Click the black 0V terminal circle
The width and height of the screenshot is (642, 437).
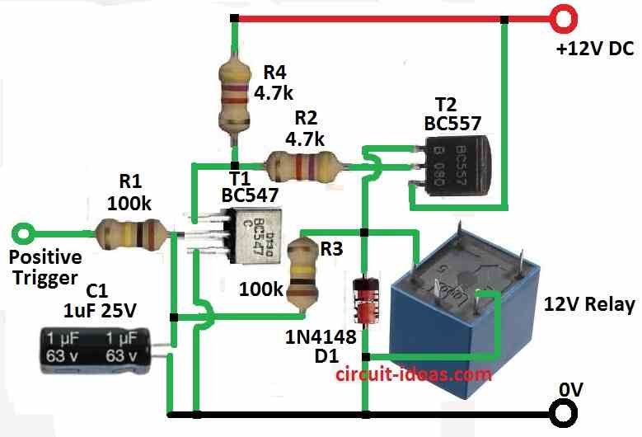click(x=564, y=411)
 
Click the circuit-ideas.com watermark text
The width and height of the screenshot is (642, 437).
click(x=413, y=374)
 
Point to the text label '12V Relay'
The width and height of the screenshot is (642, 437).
click(x=589, y=304)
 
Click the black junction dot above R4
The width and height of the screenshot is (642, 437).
click(x=235, y=18)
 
